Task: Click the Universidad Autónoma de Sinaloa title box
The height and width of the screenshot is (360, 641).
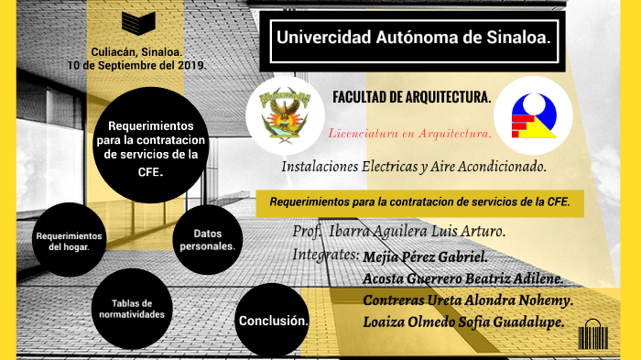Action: pyautogui.click(x=412, y=40)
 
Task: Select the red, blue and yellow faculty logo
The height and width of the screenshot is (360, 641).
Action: pyautogui.click(x=533, y=116)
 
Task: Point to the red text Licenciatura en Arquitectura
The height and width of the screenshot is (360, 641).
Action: pyautogui.click(x=409, y=134)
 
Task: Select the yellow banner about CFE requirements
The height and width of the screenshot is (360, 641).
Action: pyautogui.click(x=419, y=202)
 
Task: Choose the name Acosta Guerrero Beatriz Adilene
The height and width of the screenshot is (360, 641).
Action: pyautogui.click(x=462, y=278)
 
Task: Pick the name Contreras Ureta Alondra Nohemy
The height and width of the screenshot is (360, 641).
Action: pyautogui.click(x=468, y=300)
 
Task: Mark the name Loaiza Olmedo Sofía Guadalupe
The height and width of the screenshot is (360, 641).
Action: pyautogui.click(x=462, y=322)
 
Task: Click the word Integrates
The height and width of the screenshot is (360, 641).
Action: pyautogui.click(x=325, y=254)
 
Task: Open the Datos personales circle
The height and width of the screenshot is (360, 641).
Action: pyautogui.click(x=207, y=240)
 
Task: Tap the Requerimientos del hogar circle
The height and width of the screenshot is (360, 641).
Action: pyautogui.click(x=69, y=241)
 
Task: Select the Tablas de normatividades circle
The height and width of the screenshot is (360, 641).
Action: pyautogui.click(x=131, y=309)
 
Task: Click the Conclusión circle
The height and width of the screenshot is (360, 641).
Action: pyautogui.click(x=273, y=322)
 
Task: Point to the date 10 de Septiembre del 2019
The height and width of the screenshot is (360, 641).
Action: pyautogui.click(x=137, y=67)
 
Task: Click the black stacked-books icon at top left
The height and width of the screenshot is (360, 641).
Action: pyautogui.click(x=138, y=22)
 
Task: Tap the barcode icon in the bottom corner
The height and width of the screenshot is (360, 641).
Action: pyautogui.click(x=592, y=335)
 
